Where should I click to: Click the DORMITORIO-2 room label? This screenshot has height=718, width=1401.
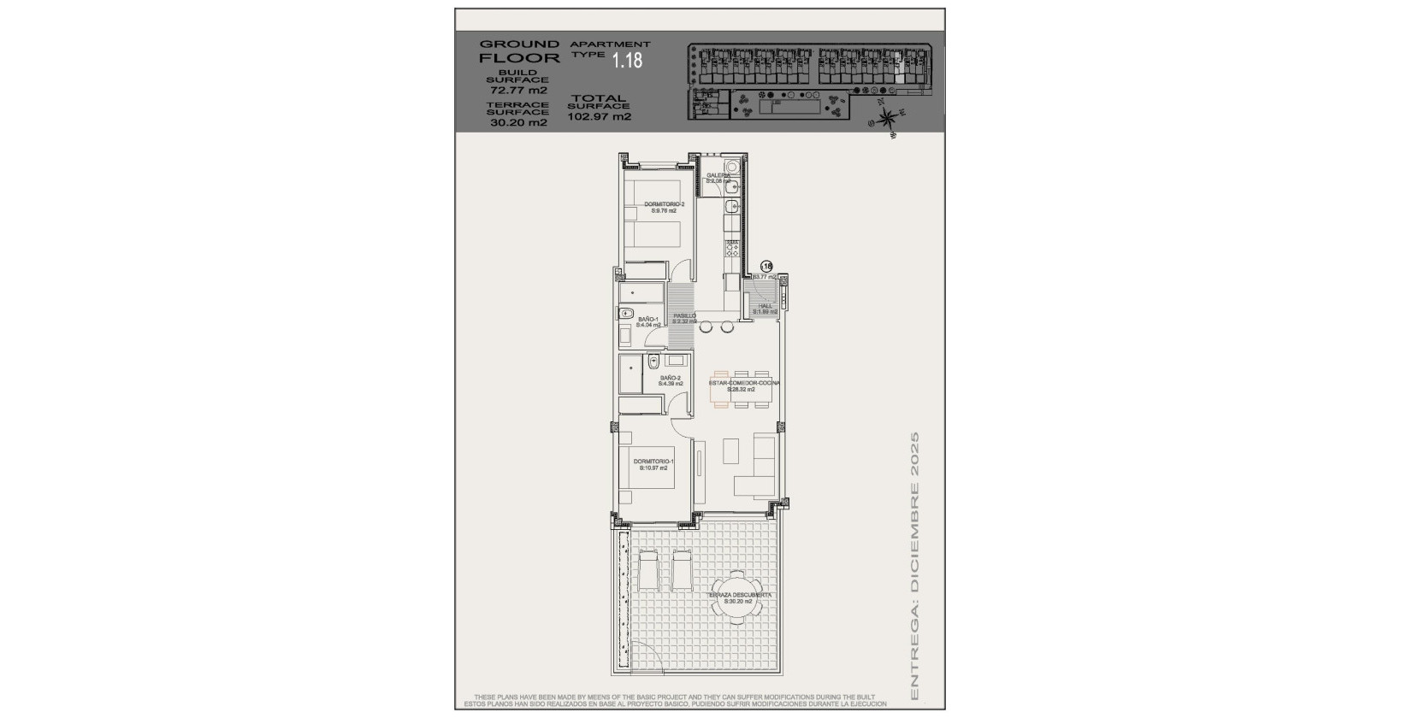click(x=664, y=204)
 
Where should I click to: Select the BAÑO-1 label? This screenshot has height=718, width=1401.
click(x=647, y=320)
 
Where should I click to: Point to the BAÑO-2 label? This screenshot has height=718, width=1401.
click(x=671, y=378)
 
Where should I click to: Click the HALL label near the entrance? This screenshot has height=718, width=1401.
click(x=765, y=306)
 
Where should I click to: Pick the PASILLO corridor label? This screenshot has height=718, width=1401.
click(x=684, y=316)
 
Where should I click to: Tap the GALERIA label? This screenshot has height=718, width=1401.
click(x=718, y=176)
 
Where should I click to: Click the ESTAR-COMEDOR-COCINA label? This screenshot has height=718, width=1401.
click(x=742, y=383)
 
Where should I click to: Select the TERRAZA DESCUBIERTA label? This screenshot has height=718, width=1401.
click(x=741, y=595)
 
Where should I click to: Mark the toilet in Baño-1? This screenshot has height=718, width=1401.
click(x=626, y=313)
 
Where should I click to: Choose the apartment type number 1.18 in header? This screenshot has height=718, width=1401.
click(x=627, y=59)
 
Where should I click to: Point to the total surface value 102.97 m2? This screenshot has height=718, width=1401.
click(x=599, y=117)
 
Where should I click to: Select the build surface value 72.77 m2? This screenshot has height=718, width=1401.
click(x=518, y=89)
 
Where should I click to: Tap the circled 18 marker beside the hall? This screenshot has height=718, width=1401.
click(x=766, y=266)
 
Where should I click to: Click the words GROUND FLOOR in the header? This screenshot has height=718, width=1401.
click(x=519, y=51)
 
